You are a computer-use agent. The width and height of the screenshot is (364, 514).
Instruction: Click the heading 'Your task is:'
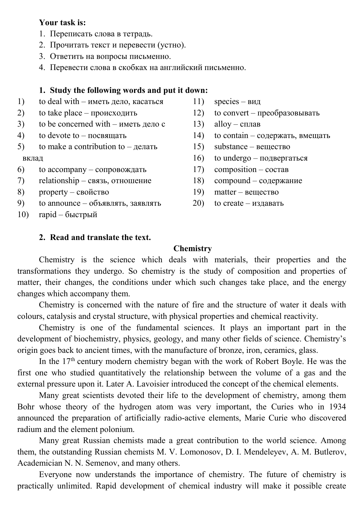point(62,23)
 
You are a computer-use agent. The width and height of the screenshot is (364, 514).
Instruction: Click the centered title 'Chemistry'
point(192,249)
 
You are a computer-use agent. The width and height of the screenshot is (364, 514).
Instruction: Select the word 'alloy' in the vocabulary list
point(223,124)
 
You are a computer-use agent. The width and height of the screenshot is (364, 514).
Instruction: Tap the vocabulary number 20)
point(198,203)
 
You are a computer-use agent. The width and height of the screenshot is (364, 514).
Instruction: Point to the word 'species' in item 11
point(226,102)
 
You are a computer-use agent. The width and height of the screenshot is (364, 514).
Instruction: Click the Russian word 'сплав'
point(250,124)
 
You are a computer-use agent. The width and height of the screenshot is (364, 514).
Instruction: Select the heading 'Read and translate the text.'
point(100,237)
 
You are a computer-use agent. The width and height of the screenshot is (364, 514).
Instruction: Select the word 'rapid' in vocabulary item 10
point(48,215)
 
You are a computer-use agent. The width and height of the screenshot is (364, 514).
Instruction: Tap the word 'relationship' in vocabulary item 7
point(59,181)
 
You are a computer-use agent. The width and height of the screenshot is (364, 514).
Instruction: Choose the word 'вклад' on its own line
point(33,158)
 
